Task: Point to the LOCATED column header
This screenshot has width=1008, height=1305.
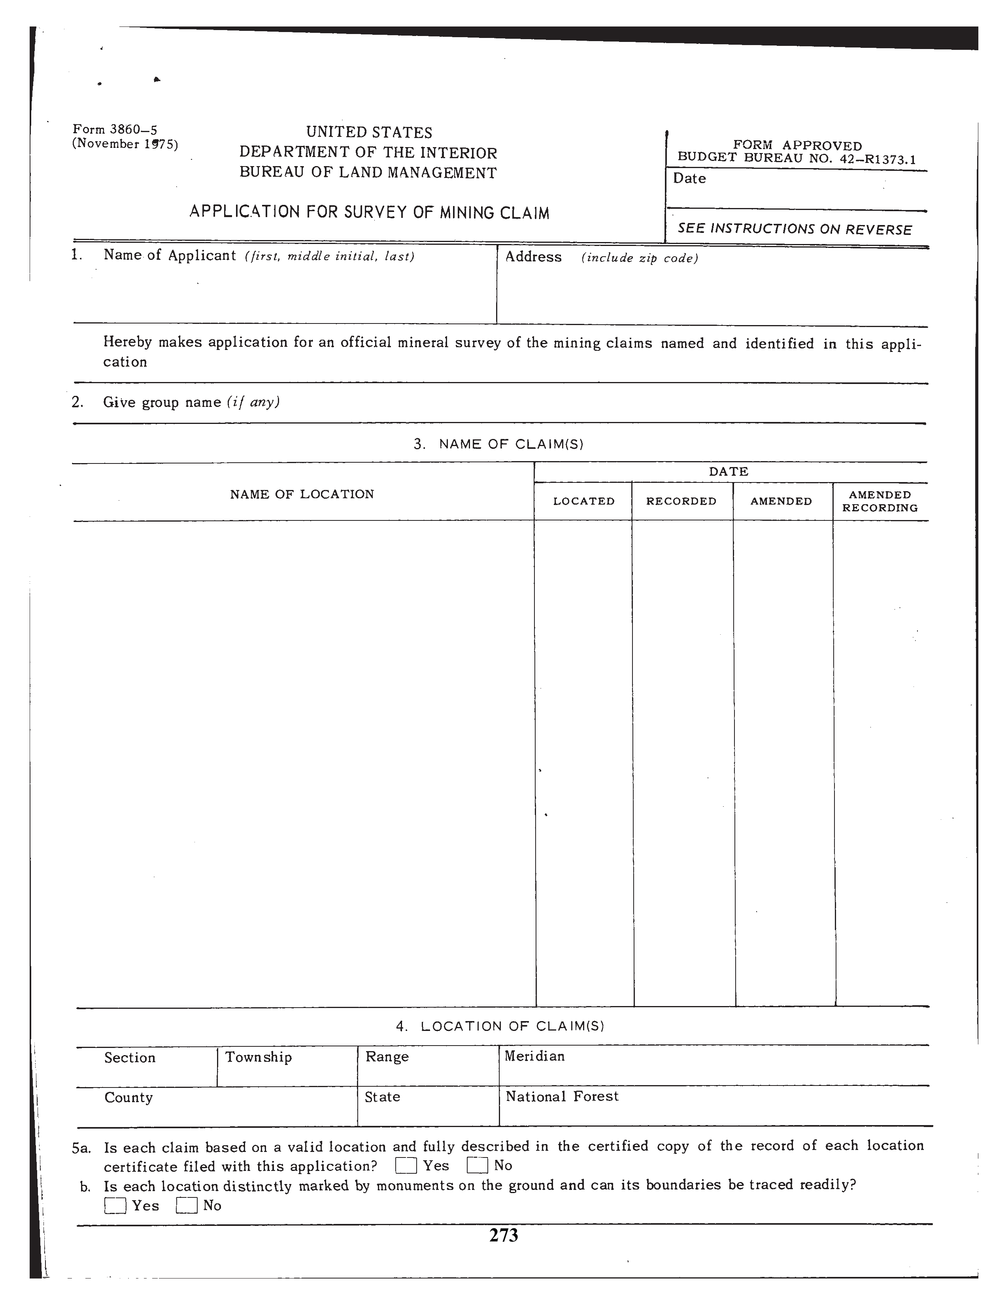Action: point(583,501)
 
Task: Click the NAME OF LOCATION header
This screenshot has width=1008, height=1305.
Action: point(302,494)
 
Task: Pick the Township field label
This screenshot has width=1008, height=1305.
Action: point(259,1057)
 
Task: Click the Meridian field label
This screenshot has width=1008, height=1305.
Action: point(534,1056)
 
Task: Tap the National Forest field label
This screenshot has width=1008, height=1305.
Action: point(562,1097)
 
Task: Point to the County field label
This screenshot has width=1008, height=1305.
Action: point(128,1098)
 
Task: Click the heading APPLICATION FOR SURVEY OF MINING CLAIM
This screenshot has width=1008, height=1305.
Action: point(369,212)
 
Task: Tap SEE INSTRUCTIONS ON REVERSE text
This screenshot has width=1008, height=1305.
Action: point(794,229)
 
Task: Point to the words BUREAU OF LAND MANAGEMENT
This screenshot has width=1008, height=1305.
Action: point(368,173)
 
